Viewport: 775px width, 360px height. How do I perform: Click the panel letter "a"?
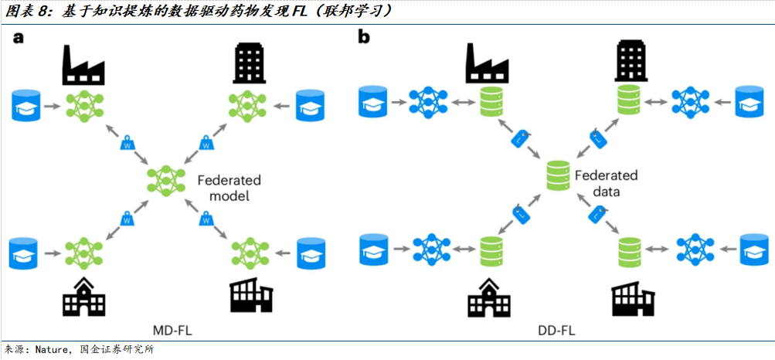[17, 38]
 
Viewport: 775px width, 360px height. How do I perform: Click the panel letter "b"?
[364, 36]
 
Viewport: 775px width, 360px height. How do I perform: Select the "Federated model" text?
[229, 188]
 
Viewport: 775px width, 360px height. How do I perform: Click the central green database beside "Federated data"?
[556, 176]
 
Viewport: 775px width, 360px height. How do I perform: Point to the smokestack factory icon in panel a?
[83, 67]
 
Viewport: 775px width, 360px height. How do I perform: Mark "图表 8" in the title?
[23, 11]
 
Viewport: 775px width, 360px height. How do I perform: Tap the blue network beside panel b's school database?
[430, 249]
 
